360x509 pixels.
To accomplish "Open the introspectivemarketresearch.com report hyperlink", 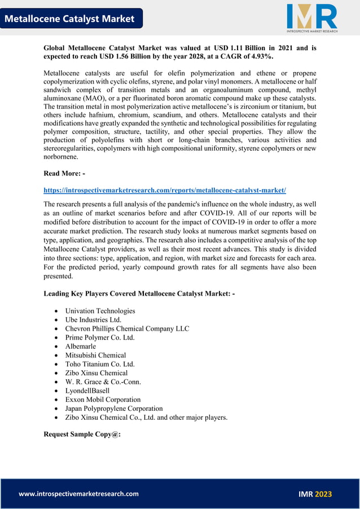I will [x=165, y=190].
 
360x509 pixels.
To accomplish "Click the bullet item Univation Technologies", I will [x=100, y=311].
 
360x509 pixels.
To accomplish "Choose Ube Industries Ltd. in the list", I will [x=93, y=320].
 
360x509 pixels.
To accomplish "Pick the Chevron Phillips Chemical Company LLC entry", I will [x=127, y=328].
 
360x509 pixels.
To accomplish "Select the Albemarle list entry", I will [x=81, y=346].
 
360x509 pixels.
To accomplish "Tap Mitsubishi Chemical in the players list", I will [x=95, y=355].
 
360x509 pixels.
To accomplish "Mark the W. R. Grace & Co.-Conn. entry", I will [x=103, y=381].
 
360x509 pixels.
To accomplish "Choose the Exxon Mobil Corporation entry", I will [x=103, y=400].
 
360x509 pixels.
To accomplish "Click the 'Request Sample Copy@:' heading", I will [x=82, y=435].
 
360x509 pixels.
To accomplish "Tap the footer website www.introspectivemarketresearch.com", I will [x=78, y=494].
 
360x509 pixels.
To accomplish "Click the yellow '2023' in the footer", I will [x=323, y=494].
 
